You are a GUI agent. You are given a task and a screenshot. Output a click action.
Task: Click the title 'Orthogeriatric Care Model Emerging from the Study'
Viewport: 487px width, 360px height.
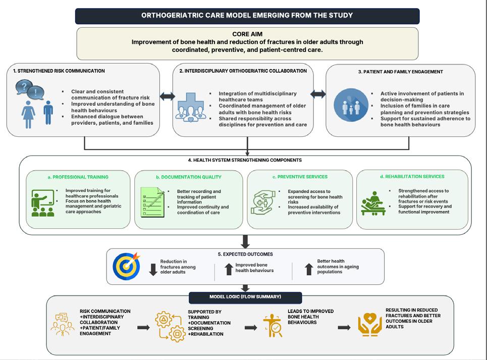[x=247, y=16]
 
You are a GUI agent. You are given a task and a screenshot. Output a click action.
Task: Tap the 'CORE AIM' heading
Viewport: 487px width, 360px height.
[x=247, y=34]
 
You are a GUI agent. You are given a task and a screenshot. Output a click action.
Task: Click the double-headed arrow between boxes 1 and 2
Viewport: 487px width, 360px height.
[x=168, y=96]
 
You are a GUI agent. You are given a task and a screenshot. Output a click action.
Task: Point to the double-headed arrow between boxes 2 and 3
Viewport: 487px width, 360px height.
[x=318, y=94]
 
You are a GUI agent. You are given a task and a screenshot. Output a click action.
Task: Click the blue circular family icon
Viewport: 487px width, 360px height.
[x=351, y=105]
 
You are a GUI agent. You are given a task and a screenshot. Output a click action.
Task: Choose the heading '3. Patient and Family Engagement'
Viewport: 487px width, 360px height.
[x=400, y=72]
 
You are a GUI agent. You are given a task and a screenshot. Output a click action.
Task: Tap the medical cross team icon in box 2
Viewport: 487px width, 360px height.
[x=191, y=107]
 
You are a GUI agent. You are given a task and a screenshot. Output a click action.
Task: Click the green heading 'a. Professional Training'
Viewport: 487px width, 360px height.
[x=78, y=177]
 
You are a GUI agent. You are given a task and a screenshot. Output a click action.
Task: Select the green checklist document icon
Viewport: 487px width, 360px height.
[x=152, y=202]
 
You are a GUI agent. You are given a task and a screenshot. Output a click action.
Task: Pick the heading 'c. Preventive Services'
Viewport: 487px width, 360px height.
[x=300, y=177]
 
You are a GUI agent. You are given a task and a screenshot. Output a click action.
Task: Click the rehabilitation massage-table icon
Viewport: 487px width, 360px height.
[x=373, y=203]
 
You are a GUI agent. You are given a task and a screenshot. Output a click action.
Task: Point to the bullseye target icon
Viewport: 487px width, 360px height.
[x=126, y=266]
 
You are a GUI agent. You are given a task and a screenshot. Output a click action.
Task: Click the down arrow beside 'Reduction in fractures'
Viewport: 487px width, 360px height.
[x=153, y=270]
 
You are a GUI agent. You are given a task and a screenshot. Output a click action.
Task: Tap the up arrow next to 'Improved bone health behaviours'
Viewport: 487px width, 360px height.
[x=229, y=269]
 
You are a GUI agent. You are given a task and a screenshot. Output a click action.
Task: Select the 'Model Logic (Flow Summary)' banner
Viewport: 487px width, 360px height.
[x=245, y=297]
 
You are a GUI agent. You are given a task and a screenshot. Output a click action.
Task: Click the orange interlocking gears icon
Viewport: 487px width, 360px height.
[x=170, y=327]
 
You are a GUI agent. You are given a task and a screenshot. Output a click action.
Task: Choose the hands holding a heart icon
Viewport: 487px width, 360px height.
[x=369, y=325]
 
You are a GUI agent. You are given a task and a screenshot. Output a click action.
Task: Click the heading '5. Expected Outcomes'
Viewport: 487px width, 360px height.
[x=245, y=254]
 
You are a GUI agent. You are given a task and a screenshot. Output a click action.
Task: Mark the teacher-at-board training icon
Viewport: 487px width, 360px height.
[x=43, y=203]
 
